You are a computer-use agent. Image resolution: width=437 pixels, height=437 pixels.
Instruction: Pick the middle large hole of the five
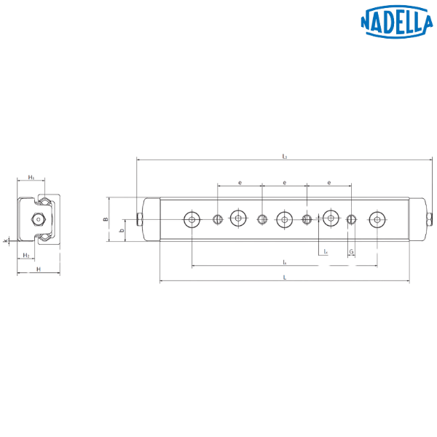point(284,219)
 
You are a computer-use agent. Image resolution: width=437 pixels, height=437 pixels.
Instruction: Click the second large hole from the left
point(238,218)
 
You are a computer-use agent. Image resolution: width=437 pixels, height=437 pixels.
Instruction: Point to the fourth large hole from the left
point(331,218)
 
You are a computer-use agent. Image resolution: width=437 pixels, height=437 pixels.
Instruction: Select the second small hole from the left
point(262,219)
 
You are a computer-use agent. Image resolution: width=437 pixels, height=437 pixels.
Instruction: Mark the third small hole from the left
point(307,219)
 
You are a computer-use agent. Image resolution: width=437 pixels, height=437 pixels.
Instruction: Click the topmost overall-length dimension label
point(284,155)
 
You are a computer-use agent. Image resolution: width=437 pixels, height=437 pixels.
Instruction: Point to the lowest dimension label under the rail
point(284,278)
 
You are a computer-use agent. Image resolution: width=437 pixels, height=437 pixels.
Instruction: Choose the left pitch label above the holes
point(240,182)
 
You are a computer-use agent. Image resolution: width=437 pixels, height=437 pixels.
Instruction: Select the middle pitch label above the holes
point(284,182)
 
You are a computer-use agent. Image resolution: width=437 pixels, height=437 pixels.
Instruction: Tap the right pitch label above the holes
point(329,182)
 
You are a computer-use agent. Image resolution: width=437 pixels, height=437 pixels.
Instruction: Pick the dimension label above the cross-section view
point(31,177)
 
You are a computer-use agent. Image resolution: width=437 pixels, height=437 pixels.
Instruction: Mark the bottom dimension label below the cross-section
point(38,269)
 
